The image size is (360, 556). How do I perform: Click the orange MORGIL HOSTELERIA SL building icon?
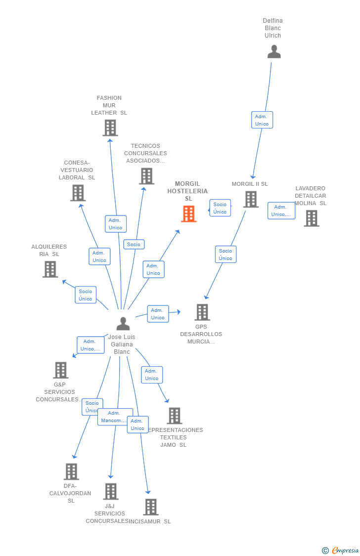pos(188,214)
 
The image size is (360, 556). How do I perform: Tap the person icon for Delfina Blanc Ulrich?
pos(274,52)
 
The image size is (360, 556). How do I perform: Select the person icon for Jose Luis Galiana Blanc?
pos(123,324)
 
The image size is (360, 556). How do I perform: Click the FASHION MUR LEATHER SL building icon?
pos(110,128)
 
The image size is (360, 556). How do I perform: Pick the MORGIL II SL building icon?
pos(251,199)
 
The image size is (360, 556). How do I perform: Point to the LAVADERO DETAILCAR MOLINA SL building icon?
pos(311,218)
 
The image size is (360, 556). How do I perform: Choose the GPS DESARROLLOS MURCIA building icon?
pos(202,312)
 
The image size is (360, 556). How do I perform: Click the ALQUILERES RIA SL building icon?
pos(50,269)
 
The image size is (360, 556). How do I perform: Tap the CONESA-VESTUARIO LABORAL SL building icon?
pos(78,193)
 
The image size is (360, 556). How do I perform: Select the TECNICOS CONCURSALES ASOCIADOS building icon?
pos(146,176)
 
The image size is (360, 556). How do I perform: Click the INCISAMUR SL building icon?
pos(151,507)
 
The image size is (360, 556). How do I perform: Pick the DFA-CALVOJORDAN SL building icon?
pos(71,471)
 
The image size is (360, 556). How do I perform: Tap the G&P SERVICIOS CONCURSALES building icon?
pos(60,370)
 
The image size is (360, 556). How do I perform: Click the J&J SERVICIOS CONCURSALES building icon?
pos(111,491)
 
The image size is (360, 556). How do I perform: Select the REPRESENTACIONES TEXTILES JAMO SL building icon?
pos(174,416)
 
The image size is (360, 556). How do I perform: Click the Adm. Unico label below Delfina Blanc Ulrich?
pos(262,120)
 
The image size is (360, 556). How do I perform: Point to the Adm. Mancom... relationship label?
pos(115,417)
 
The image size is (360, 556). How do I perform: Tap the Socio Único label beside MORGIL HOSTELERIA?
pos(220,208)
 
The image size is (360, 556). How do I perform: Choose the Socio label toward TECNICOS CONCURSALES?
pos(134,244)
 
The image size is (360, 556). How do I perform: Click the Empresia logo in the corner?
pos(341,550)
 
